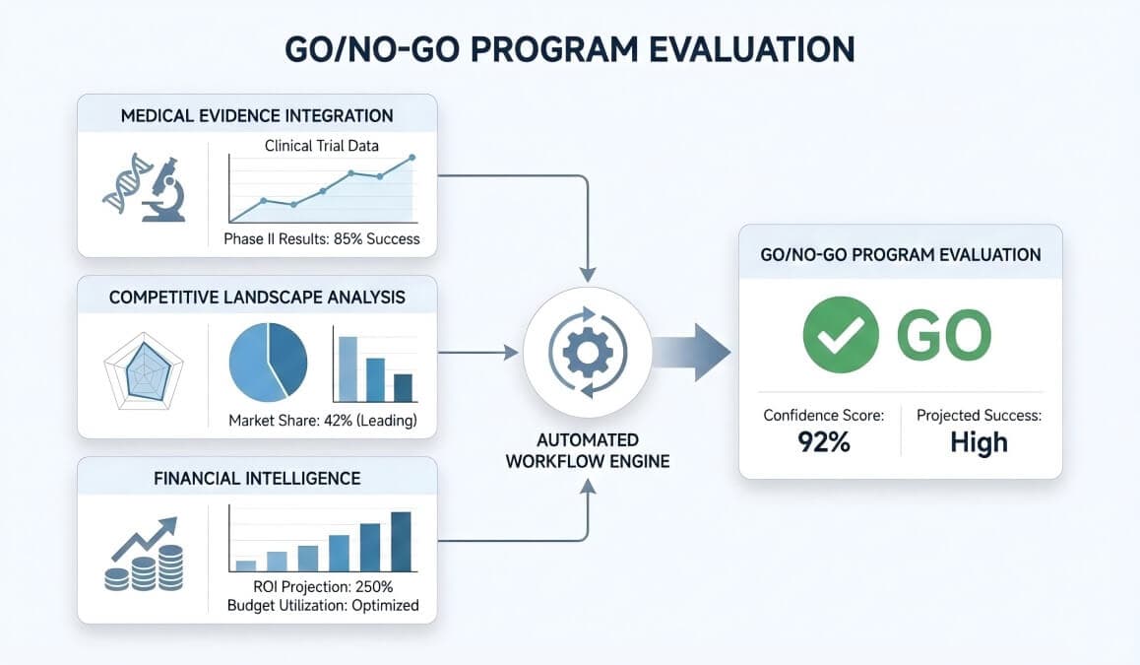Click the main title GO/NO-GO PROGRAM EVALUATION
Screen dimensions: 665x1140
(569, 49)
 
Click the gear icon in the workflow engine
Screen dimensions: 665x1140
(587, 353)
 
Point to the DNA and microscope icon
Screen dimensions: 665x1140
(144, 187)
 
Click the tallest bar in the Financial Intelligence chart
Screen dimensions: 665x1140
(401, 541)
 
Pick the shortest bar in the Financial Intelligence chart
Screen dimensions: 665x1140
(246, 565)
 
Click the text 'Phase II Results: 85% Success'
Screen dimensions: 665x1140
(323, 238)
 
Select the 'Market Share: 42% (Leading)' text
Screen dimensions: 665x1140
(323, 421)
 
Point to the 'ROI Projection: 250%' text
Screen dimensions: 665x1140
(323, 587)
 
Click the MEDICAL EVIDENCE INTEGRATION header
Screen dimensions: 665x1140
(257, 115)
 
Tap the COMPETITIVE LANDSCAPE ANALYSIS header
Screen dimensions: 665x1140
(257, 297)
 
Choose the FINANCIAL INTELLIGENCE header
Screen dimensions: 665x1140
(257, 479)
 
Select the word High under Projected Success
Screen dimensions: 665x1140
(979, 442)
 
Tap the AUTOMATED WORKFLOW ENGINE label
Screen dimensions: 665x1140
(587, 450)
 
